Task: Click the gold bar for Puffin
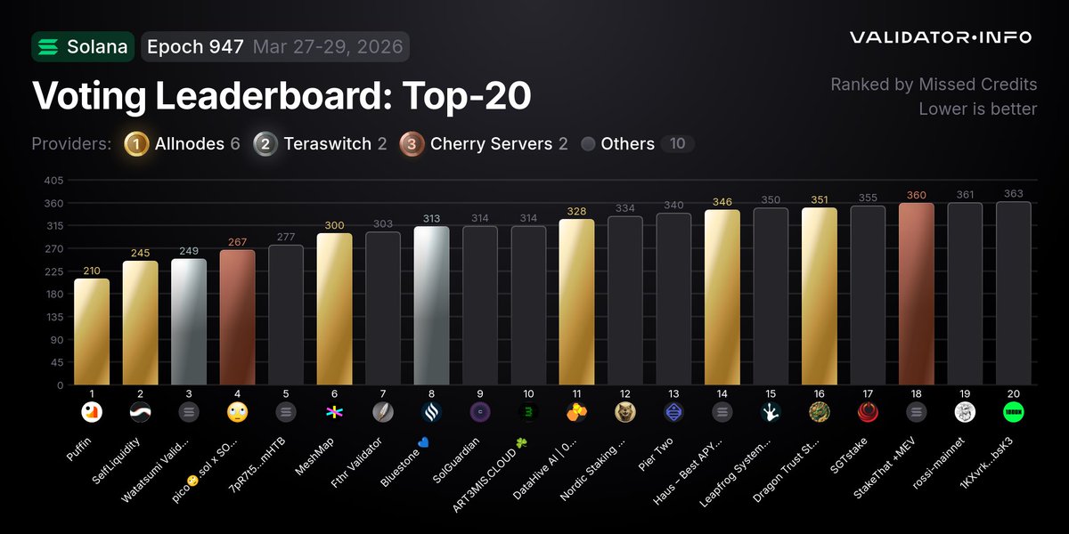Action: coord(92,331)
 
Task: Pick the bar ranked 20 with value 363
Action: coord(1014,293)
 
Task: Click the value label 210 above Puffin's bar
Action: coord(92,271)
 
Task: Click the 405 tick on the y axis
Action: coord(53,180)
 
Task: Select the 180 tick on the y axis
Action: coord(53,295)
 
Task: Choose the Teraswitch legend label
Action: coord(327,144)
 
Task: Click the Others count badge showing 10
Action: coord(677,144)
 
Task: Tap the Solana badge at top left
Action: coord(83,47)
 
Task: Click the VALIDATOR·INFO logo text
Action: coord(940,37)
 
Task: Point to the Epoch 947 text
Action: coord(195,47)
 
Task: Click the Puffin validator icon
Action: coord(92,411)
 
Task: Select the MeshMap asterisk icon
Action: coord(334,411)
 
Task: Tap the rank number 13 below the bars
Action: coord(673,393)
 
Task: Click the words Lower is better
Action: coord(977,109)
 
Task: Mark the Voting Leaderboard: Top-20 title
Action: coord(282,96)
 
